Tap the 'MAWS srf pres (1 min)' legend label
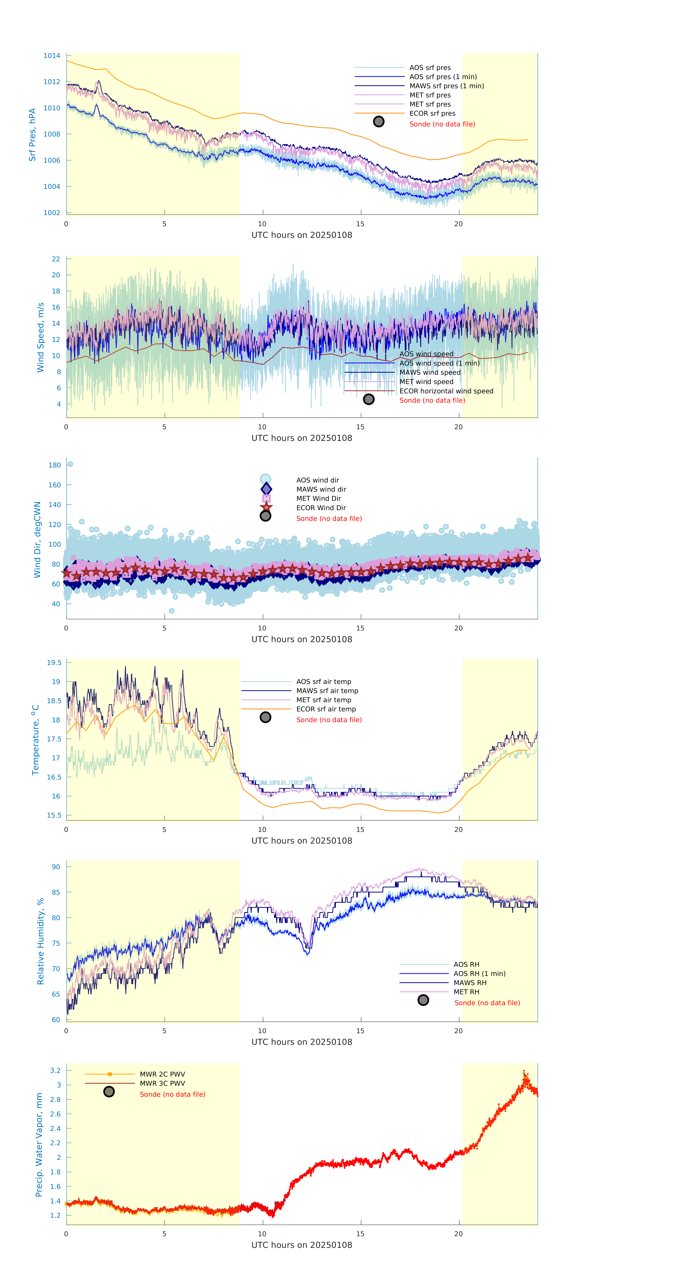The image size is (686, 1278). click(446, 86)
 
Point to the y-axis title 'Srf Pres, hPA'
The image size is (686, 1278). click(32, 135)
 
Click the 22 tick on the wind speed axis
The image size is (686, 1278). click(56, 259)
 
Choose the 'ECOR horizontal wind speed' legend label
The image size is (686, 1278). click(446, 391)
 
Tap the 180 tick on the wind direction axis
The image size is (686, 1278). click(55, 465)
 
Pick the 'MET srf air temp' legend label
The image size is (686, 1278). click(323, 700)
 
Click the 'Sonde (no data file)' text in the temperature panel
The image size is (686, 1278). click(329, 720)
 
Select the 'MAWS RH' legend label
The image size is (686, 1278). click(470, 983)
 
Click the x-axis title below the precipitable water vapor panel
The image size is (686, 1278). click(302, 1245)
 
